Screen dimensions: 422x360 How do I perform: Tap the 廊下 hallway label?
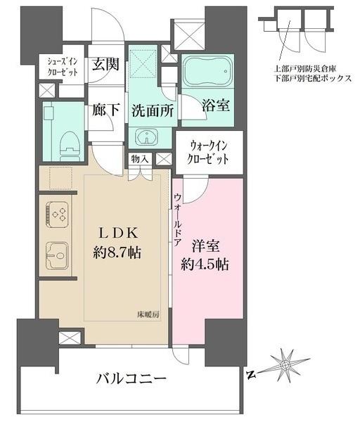click(x=105, y=110)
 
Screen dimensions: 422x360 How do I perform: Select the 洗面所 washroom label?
click(x=149, y=110)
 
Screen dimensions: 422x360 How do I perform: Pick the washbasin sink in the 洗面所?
click(x=149, y=136)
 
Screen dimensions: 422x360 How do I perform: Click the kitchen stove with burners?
click(x=56, y=212)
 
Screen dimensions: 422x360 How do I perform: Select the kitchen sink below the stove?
click(x=56, y=252)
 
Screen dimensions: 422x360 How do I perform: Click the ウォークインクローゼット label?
click(x=209, y=153)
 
